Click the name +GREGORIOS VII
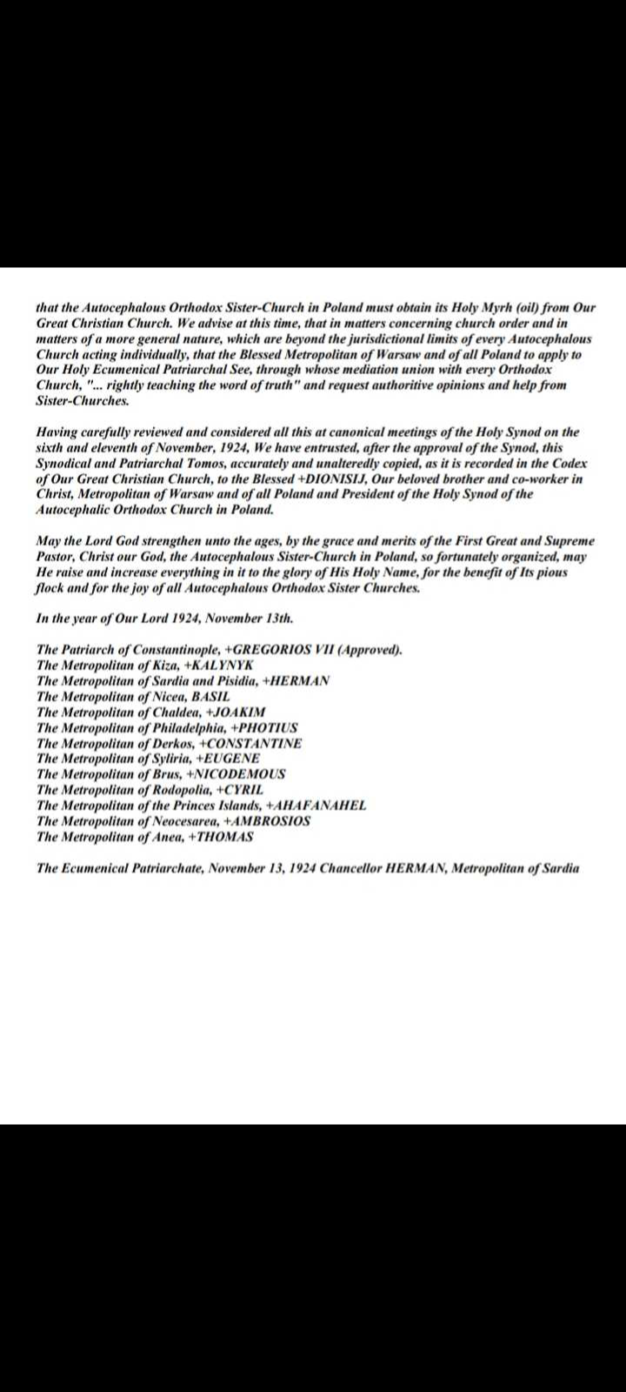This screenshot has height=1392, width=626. (279, 650)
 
